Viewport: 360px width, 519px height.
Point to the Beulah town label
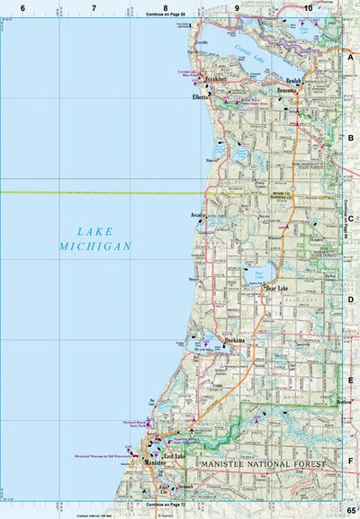(x=298, y=81)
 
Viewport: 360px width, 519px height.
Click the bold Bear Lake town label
(x=276, y=288)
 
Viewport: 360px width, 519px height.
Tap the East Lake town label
(x=174, y=457)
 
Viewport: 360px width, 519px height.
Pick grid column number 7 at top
(x=94, y=7)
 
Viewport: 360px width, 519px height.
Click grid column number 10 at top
(x=309, y=7)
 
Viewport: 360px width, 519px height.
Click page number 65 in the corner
(x=350, y=511)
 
